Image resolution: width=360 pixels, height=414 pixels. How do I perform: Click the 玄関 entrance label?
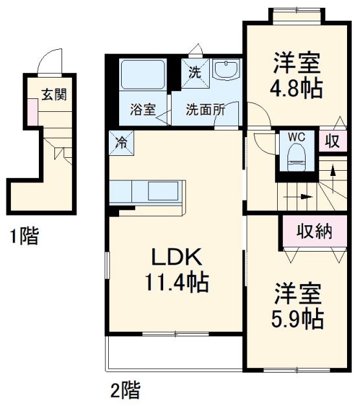(x=54, y=94)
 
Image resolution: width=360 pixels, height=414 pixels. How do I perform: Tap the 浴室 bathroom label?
(x=142, y=109)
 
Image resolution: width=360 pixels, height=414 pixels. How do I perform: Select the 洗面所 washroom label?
(x=206, y=109)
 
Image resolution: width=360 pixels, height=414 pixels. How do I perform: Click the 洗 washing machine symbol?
(x=195, y=73)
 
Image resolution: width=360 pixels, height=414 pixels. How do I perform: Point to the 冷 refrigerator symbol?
(x=122, y=143)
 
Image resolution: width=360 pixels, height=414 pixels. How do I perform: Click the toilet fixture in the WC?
(x=297, y=158)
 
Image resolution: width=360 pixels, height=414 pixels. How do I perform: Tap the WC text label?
(x=297, y=137)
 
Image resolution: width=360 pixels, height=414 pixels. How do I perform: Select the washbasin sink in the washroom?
(x=226, y=69)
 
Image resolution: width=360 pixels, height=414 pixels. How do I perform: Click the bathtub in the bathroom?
(x=142, y=75)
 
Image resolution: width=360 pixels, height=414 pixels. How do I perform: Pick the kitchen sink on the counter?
(x=163, y=191)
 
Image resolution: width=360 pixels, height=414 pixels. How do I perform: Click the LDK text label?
(x=177, y=257)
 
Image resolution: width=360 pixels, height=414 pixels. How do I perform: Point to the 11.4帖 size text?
(x=177, y=282)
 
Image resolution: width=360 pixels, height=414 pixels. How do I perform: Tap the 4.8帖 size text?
(x=297, y=88)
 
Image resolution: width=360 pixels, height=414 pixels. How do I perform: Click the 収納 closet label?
(x=314, y=232)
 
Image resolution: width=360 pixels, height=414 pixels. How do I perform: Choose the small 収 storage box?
(x=333, y=141)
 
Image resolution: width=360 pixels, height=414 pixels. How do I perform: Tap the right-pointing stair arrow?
(x=298, y=197)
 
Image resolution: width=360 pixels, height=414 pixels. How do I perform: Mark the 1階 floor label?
(x=24, y=235)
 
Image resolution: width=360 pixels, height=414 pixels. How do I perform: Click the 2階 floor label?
(x=125, y=390)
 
